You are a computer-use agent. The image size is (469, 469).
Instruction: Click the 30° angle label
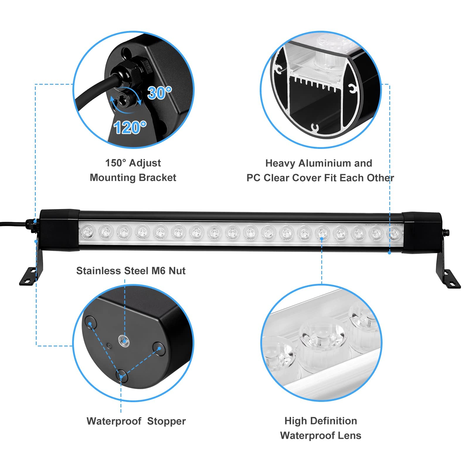coord(159,93)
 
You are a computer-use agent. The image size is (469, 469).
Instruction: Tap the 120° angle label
coord(130,128)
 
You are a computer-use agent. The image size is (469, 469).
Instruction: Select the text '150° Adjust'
coord(133,163)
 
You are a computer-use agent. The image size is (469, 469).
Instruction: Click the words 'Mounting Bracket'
coord(133,178)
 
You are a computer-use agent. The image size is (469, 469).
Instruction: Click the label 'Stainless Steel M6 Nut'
coord(131,271)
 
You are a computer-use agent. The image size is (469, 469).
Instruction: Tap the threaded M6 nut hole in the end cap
coord(123,340)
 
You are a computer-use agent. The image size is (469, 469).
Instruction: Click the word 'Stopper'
coord(166,421)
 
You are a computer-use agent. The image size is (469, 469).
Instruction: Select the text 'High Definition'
coord(321,421)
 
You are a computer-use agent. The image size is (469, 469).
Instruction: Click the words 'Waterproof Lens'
coord(321,436)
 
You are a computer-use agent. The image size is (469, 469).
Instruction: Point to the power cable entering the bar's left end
coord(12,224)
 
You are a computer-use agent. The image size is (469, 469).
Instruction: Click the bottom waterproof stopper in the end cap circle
coord(122,376)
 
